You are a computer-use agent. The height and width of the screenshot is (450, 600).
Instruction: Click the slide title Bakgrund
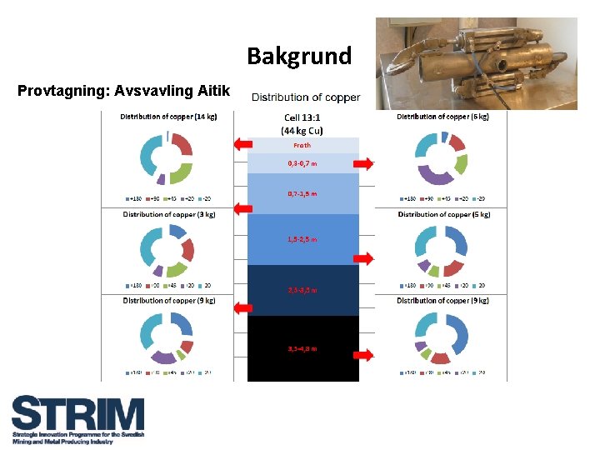pos(299,57)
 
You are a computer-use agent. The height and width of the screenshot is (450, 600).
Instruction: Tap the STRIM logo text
pos(77,414)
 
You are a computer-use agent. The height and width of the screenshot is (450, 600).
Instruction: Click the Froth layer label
pos(302,145)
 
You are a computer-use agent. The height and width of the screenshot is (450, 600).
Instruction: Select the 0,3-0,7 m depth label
pos(302,163)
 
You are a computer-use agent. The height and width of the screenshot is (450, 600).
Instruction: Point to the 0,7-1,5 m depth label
pos(302,193)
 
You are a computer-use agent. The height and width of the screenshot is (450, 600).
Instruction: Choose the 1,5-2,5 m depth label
pos(302,239)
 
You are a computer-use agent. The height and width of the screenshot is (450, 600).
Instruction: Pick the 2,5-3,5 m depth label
pos(302,290)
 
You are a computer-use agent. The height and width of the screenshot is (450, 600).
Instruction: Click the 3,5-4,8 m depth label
pos(302,348)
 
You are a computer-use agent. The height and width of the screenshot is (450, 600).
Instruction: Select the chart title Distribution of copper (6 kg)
pos(442,117)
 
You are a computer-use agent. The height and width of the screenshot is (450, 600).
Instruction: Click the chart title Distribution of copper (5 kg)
pos(443,214)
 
